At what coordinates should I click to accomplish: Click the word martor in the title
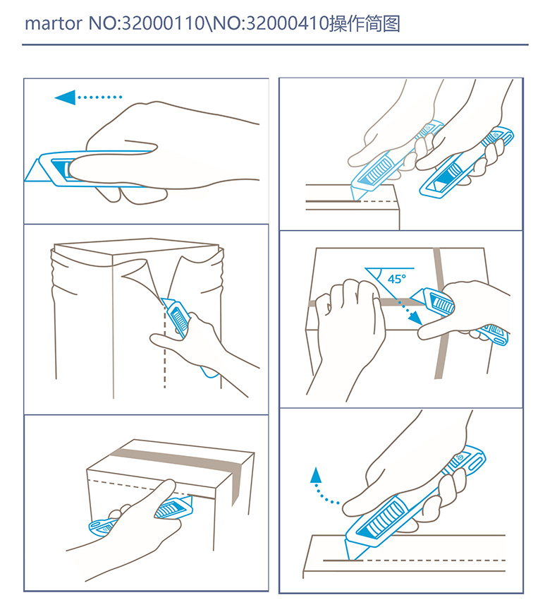tap(54, 24)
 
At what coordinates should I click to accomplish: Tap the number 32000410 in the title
tap(287, 23)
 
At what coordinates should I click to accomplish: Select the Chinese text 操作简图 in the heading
tap(365, 23)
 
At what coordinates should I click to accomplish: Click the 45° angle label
tap(397, 279)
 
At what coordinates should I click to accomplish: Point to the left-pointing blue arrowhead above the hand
tap(65, 97)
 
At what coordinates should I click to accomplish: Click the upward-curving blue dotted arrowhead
tap(316, 475)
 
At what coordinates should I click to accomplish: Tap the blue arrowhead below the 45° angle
tap(415, 318)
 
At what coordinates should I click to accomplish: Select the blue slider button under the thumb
tap(61, 168)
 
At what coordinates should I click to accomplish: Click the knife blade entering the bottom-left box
tap(188, 502)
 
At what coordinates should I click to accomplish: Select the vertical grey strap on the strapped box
tap(440, 313)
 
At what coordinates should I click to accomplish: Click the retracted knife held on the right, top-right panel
tap(467, 162)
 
